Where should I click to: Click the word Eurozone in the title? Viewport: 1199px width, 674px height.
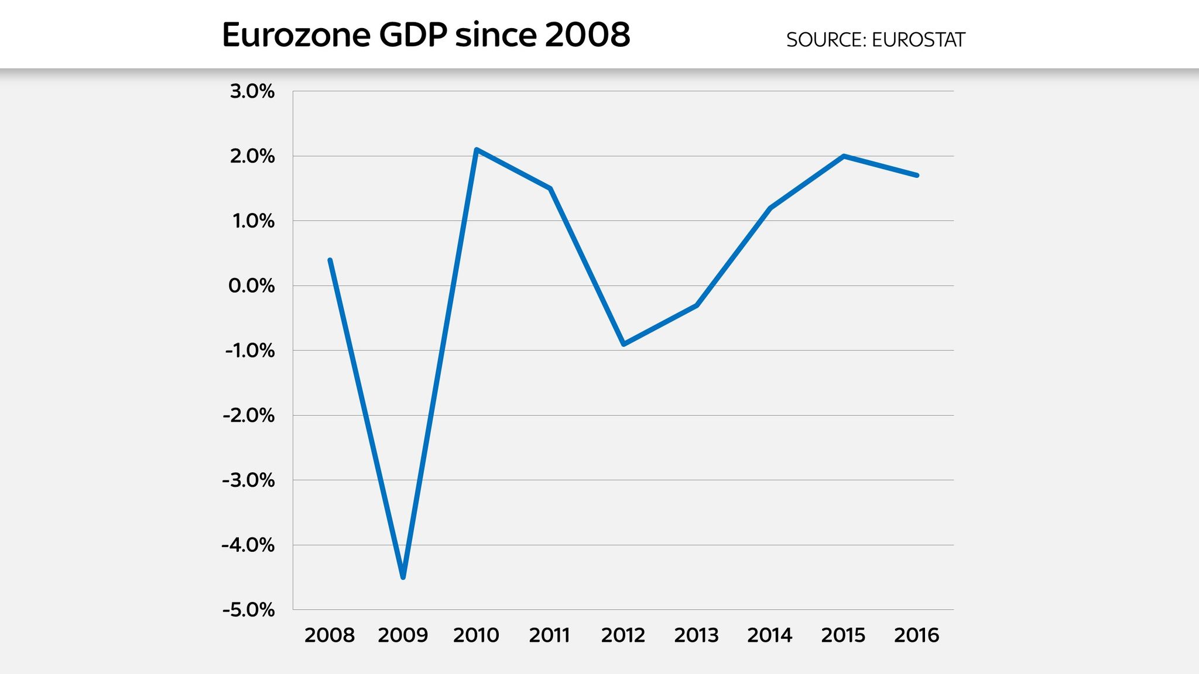pyautogui.click(x=296, y=35)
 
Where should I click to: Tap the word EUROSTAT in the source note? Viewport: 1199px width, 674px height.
pyautogui.click(x=918, y=40)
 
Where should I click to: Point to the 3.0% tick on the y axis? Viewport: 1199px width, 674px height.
pyautogui.click(x=252, y=91)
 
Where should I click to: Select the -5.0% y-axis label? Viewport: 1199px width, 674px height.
pyautogui.click(x=248, y=610)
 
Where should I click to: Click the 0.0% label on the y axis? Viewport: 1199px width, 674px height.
pyautogui.click(x=251, y=286)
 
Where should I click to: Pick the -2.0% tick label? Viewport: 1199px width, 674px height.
pyautogui.click(x=248, y=415)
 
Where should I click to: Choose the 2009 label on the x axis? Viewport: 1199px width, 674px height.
pyautogui.click(x=403, y=635)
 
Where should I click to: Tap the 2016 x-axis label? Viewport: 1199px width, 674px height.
pyautogui.click(x=916, y=635)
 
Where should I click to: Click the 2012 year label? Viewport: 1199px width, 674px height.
pyautogui.click(x=623, y=635)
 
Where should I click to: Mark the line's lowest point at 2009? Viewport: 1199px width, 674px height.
pyautogui.click(x=403, y=577)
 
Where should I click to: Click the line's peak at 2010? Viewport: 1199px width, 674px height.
pyautogui.click(x=477, y=150)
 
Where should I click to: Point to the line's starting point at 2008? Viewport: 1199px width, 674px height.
pyautogui.click(x=330, y=260)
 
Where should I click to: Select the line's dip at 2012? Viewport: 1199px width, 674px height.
pyautogui.click(x=624, y=344)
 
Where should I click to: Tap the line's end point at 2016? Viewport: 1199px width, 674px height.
pyautogui.click(x=917, y=175)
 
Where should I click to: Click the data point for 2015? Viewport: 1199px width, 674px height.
pyautogui.click(x=843, y=156)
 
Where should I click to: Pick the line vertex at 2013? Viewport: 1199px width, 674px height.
pyautogui.click(x=697, y=305)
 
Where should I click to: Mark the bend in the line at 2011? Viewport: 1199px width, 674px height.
pyautogui.click(x=550, y=188)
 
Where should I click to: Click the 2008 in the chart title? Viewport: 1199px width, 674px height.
pyautogui.click(x=587, y=35)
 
